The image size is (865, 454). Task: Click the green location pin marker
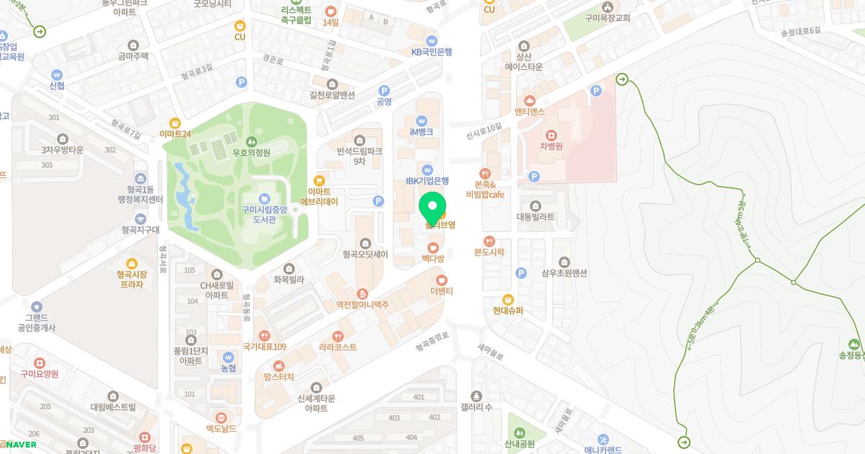pyautogui.click(x=432, y=208)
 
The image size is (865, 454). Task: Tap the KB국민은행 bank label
pyautogui.click(x=432, y=52)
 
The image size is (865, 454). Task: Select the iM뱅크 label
pyautogui.click(x=422, y=132)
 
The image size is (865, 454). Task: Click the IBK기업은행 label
pyautogui.click(x=427, y=181)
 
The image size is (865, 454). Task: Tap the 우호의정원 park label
pyautogui.click(x=251, y=153)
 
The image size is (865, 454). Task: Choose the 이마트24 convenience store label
pyautogui.click(x=175, y=133)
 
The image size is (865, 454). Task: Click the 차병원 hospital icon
pyautogui.click(x=551, y=135)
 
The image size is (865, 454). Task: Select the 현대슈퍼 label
pyautogui.click(x=508, y=311)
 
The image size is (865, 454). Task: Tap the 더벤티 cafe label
pyautogui.click(x=442, y=291)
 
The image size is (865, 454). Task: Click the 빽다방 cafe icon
pyautogui.click(x=433, y=248)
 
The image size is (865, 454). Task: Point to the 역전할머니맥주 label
pyautogui.click(x=362, y=305)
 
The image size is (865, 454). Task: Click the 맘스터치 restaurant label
pyautogui.click(x=279, y=377)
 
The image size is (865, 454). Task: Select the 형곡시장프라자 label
pyautogui.click(x=130, y=279)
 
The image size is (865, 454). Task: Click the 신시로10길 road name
pyautogui.click(x=484, y=128)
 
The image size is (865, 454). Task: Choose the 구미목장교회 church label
pyautogui.click(x=608, y=18)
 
